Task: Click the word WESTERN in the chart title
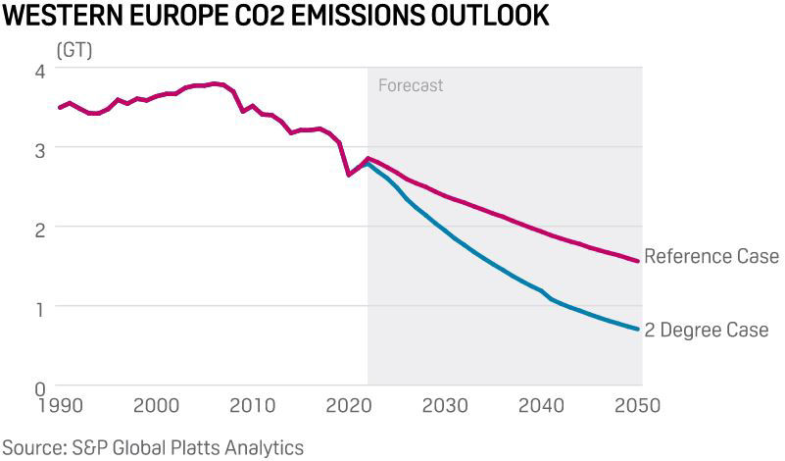(x=61, y=18)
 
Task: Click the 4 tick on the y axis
(x=38, y=72)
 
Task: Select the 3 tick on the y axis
(x=38, y=150)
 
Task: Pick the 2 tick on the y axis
(x=38, y=229)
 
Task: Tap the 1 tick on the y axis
(x=38, y=307)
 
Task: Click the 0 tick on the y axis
(x=38, y=387)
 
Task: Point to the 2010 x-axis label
(x=253, y=405)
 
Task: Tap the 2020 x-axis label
(x=350, y=405)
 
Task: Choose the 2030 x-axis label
(x=447, y=405)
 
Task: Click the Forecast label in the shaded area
(x=411, y=85)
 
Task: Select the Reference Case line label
(x=711, y=257)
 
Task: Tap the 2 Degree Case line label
(x=713, y=330)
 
